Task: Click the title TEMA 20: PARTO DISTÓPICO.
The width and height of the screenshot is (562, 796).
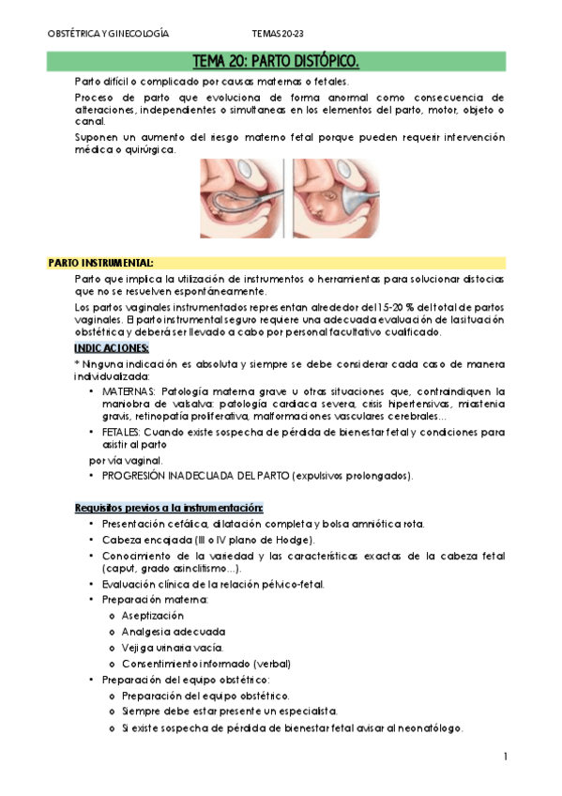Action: tap(275, 62)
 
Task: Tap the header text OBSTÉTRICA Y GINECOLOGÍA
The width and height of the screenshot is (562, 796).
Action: tap(108, 33)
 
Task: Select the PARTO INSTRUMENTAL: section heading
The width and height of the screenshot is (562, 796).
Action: tap(100, 262)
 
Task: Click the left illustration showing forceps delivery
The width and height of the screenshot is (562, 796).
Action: tap(242, 198)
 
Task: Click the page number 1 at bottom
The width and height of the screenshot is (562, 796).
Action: tap(504, 757)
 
